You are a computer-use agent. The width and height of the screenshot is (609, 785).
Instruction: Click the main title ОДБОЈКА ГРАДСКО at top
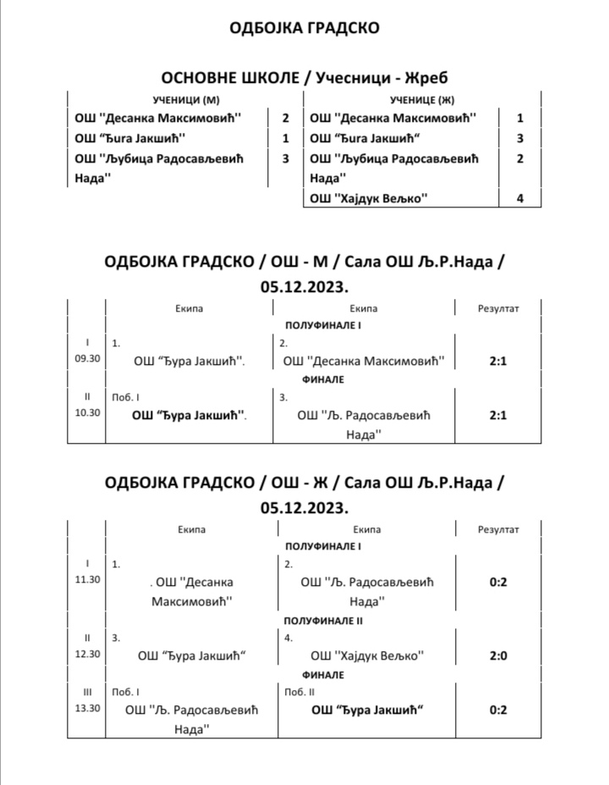[x=304, y=28]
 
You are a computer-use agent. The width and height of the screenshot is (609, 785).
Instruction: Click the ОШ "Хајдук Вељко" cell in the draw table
[x=370, y=199]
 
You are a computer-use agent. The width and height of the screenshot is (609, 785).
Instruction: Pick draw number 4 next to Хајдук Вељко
[x=520, y=199]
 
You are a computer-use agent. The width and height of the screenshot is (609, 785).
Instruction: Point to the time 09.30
[x=87, y=358]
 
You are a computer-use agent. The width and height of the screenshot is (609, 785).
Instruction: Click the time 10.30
[x=87, y=412]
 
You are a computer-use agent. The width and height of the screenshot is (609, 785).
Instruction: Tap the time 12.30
[x=87, y=653]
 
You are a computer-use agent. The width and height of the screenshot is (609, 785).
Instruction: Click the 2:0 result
[x=498, y=655]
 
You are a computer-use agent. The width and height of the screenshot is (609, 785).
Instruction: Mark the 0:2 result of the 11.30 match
[x=498, y=583]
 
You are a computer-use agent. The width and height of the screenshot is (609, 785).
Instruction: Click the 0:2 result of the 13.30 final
[x=498, y=710]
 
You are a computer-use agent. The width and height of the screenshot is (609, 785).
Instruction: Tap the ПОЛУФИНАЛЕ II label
[x=323, y=621]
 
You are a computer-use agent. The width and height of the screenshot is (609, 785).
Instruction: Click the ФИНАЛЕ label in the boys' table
[x=323, y=379]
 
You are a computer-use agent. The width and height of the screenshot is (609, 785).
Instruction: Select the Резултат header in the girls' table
[x=499, y=529]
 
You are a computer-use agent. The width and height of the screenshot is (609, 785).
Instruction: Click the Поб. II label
[x=296, y=692]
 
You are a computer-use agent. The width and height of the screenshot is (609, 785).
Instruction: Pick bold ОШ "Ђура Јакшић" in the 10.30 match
[x=189, y=416]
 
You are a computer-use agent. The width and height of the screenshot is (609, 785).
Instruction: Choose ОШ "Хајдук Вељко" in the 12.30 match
[x=367, y=655]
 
